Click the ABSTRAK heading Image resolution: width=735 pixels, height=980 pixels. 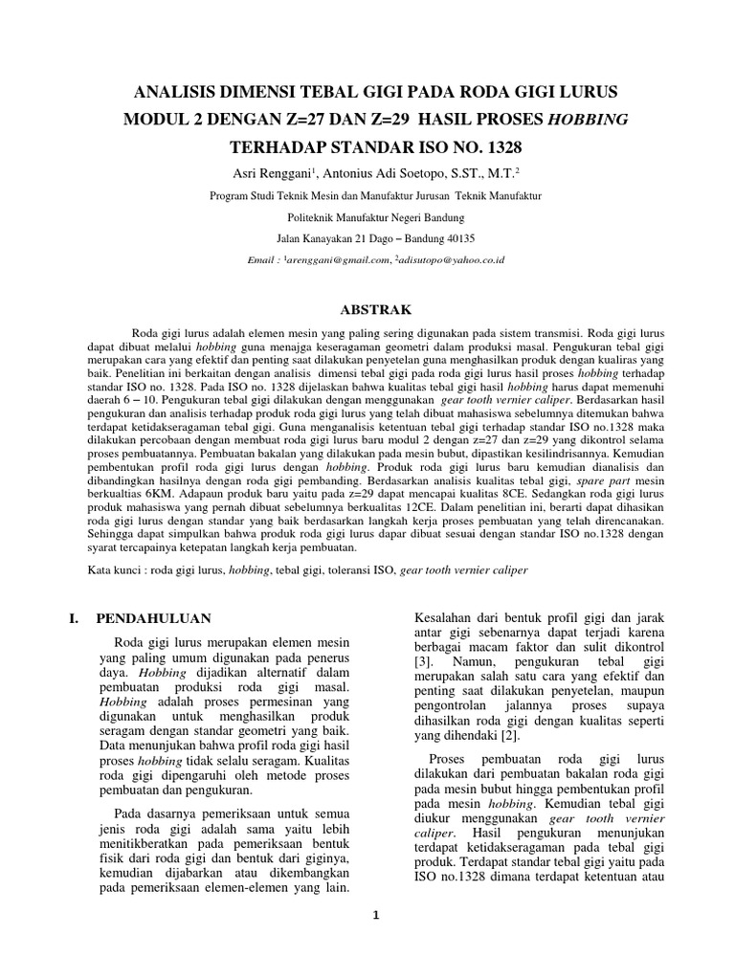click(x=376, y=310)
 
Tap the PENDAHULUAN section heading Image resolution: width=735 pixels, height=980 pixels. click(x=154, y=618)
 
